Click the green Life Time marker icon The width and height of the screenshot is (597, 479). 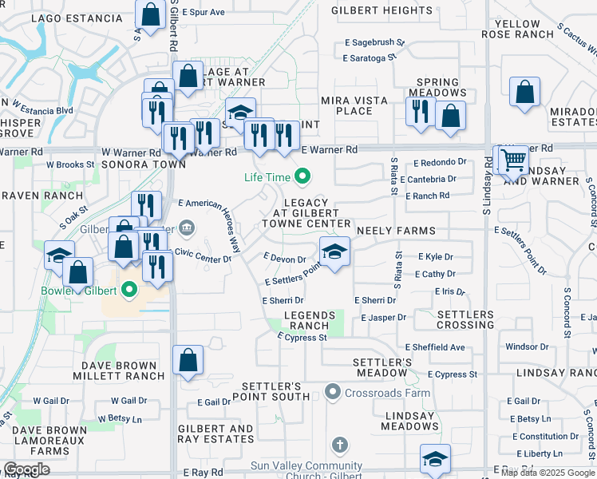coord(302,176)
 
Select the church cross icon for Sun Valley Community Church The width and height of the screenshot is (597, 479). coord(340,445)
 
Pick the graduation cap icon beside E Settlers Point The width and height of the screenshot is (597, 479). coord(335,251)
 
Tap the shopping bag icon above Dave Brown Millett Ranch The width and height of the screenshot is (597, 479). coord(188,360)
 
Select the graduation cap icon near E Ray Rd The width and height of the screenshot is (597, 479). coord(435,458)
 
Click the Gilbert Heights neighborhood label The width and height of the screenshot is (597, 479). coord(370,10)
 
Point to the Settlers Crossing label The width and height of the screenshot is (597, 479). coord(465,320)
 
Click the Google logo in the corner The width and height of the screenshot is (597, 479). coord(26,470)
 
